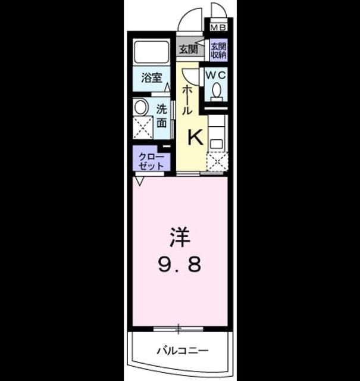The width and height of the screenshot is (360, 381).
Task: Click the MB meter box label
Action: (218, 27)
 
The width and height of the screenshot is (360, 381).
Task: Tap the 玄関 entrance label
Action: (188, 49)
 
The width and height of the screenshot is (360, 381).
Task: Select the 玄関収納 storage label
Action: (218, 51)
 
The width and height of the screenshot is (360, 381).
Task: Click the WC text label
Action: (215, 75)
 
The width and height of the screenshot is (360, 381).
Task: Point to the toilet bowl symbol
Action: (216, 92)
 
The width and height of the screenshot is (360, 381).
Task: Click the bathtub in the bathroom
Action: (152, 52)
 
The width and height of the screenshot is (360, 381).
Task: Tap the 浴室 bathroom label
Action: (152, 78)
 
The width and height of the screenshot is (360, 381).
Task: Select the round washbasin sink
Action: (141, 107)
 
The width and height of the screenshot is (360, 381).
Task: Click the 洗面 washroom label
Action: (161, 116)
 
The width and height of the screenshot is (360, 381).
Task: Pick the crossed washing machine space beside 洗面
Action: (143, 128)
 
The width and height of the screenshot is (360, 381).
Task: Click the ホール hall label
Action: (187, 100)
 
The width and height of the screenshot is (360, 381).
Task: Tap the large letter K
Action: (196, 138)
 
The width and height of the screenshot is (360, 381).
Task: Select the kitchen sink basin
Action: (216, 144)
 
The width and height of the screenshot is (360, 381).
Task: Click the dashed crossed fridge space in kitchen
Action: (217, 161)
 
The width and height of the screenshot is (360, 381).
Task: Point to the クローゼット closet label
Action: (151, 161)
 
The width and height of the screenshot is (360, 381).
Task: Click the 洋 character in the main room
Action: (180, 237)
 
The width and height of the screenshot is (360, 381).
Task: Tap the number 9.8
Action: (180, 264)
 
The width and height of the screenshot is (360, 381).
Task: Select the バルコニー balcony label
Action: (183, 351)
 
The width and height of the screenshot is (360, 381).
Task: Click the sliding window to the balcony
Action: (179, 329)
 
